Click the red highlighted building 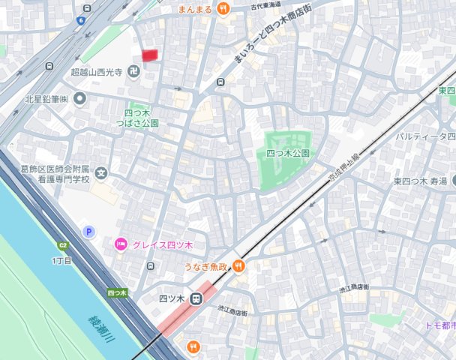[x=151, y=55]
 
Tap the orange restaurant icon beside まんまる [x=223, y=9]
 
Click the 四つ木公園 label [x=288, y=153]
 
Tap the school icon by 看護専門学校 [x=101, y=174]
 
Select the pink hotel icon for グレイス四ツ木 [x=120, y=244]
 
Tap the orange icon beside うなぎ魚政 [x=238, y=265]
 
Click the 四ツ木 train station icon [x=196, y=298]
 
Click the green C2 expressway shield [x=64, y=246]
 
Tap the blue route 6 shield [x=80, y=21]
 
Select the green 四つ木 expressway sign [x=116, y=292]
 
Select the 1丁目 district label [x=62, y=260]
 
